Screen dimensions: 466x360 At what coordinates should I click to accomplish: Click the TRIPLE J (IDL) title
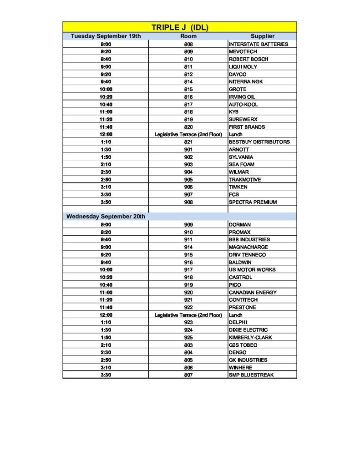click(x=180, y=27)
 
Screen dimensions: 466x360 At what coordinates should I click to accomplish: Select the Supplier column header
click(x=262, y=36)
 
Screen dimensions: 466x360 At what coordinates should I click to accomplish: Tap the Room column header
click(x=188, y=36)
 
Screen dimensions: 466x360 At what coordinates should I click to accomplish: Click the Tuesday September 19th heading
click(x=106, y=36)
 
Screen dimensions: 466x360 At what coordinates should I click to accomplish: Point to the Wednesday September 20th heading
click(x=106, y=217)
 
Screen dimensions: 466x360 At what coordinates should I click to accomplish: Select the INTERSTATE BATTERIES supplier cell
click(x=258, y=44)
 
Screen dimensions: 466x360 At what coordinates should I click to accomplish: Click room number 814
click(x=188, y=82)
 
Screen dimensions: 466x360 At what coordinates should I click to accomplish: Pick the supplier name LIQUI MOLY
click(x=243, y=67)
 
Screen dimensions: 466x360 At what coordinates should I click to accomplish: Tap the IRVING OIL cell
click(x=243, y=97)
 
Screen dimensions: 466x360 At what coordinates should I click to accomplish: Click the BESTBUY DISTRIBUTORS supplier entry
click(x=259, y=142)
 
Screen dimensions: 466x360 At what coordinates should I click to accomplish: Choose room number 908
click(x=188, y=202)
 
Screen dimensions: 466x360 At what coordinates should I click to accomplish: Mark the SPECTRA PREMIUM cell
click(x=253, y=202)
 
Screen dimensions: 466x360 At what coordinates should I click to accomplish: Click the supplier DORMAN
click(x=240, y=225)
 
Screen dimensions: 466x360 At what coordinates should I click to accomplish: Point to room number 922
click(x=188, y=308)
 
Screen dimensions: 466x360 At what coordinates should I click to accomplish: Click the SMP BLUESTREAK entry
click(x=251, y=375)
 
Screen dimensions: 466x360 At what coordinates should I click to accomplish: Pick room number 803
click(x=188, y=345)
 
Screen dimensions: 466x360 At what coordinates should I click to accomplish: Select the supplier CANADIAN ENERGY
click(x=253, y=293)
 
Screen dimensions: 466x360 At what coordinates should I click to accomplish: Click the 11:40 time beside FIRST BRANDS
click(x=106, y=127)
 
